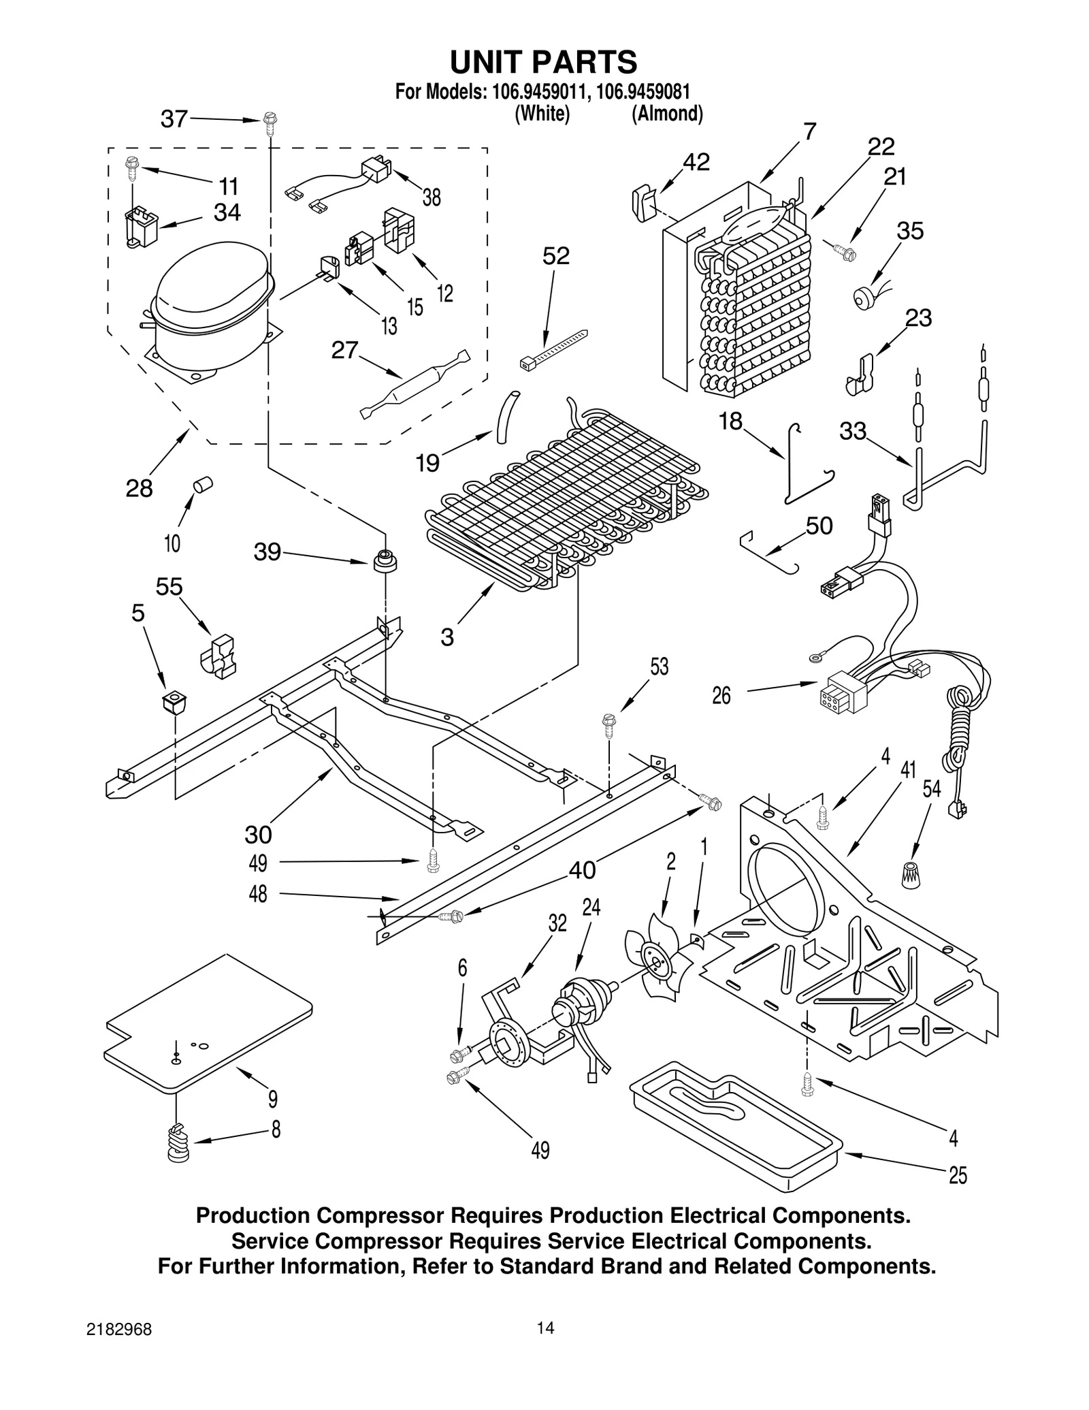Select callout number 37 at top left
click(174, 119)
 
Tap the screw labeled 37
click(270, 123)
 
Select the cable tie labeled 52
click(553, 348)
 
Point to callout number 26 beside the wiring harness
click(721, 695)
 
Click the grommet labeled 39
click(385, 562)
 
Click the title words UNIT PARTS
click(543, 62)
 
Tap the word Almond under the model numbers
click(667, 114)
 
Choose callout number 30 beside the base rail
click(258, 834)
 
